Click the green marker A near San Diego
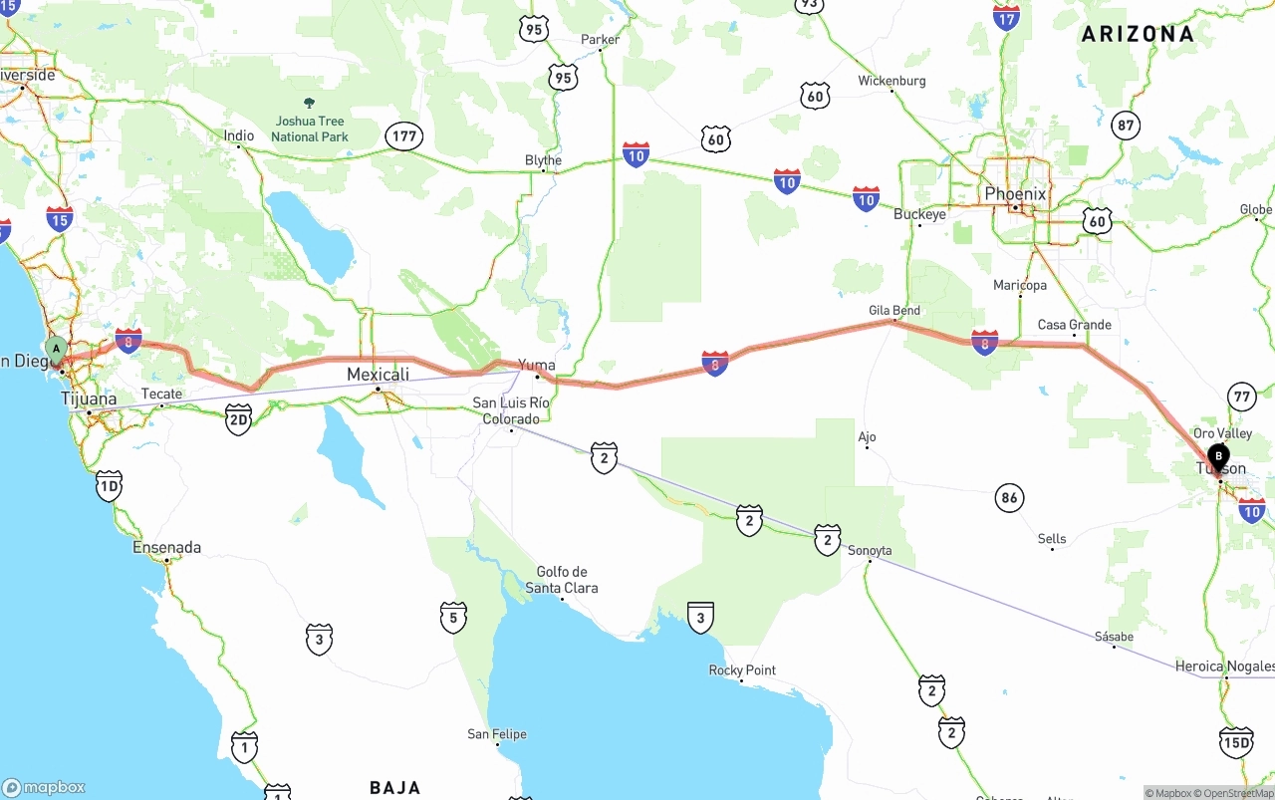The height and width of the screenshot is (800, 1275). [57, 350]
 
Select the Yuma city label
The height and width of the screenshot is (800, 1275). [537, 365]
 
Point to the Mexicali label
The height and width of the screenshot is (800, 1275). [378, 375]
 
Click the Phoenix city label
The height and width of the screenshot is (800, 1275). [1015, 193]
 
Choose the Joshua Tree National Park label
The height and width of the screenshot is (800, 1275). [309, 129]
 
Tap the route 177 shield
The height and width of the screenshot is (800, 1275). [404, 136]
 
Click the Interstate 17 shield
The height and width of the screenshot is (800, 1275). [1006, 17]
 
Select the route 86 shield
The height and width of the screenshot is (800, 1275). [1010, 497]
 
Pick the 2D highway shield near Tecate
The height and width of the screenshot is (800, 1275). [238, 419]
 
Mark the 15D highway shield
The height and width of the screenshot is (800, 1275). [1235, 742]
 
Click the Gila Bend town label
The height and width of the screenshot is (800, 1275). [893, 311]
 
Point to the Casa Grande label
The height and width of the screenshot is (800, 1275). [1074, 325]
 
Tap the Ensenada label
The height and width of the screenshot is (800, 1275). [167, 547]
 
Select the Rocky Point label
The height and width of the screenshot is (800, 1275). [742, 670]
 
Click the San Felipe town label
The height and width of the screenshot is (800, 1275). [497, 734]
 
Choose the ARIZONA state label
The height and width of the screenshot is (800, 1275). [1138, 34]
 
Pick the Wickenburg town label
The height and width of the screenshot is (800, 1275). [892, 81]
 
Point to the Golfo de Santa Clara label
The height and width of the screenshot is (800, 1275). [562, 580]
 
